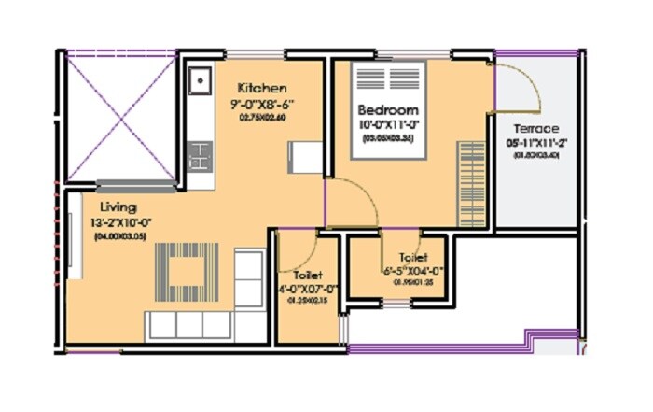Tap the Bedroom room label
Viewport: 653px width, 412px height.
(x=388, y=109)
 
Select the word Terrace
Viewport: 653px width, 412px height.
(x=535, y=128)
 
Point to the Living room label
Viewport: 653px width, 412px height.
(x=119, y=206)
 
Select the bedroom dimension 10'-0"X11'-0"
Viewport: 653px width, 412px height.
(x=388, y=124)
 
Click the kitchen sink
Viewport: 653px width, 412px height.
(x=199, y=82)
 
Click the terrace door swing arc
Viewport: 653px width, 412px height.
(x=521, y=89)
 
